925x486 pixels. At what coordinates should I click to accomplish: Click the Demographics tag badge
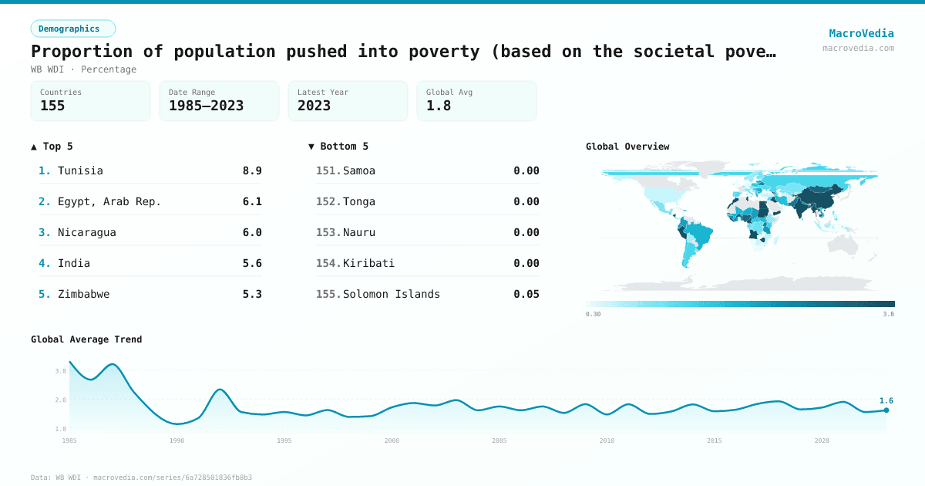(72, 29)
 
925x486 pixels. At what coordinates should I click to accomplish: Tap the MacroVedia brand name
(861, 33)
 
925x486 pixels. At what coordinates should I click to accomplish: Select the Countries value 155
(52, 106)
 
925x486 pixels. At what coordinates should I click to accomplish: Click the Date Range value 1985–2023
(206, 106)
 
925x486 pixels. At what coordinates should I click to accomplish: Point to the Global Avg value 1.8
(438, 106)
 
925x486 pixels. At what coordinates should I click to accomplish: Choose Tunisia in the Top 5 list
(80, 170)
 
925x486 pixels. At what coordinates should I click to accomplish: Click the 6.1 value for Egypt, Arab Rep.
(252, 201)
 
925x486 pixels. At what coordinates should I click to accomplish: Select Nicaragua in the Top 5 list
(86, 232)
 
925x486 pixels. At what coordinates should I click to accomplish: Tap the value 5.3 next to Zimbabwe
(252, 294)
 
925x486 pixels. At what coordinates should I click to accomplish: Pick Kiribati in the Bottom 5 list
(368, 263)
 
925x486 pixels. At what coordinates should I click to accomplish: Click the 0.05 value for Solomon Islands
(526, 294)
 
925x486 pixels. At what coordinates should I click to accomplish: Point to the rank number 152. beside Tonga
(328, 201)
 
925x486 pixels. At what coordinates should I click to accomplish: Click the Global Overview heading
(627, 147)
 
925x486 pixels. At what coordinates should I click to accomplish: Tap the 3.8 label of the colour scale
(888, 314)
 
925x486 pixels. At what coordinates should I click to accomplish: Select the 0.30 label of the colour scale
(594, 314)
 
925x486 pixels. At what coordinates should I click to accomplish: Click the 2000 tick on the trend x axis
(392, 440)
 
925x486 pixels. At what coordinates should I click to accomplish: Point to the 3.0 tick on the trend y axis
(61, 371)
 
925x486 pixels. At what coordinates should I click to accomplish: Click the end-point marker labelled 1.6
(886, 410)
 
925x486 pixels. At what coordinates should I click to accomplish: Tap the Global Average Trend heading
(86, 339)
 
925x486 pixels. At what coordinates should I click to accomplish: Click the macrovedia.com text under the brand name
(858, 48)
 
